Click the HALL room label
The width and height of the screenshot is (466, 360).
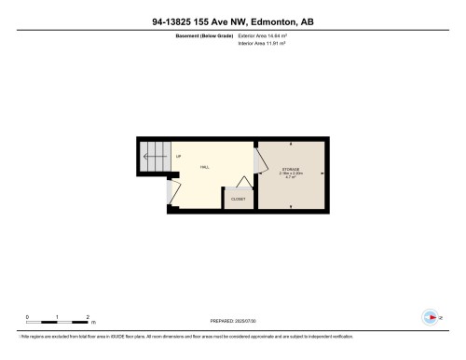click(204, 166)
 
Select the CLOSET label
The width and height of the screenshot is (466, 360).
click(238, 200)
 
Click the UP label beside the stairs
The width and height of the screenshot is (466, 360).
click(178, 157)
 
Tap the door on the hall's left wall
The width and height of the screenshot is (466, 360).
click(171, 191)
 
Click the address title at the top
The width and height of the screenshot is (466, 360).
click(233, 20)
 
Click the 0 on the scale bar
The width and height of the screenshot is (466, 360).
click(27, 316)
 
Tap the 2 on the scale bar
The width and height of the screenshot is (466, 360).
click(87, 316)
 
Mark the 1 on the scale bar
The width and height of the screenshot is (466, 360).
click(57, 316)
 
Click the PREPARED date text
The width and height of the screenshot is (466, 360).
click(233, 323)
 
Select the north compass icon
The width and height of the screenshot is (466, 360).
click(430, 317)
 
